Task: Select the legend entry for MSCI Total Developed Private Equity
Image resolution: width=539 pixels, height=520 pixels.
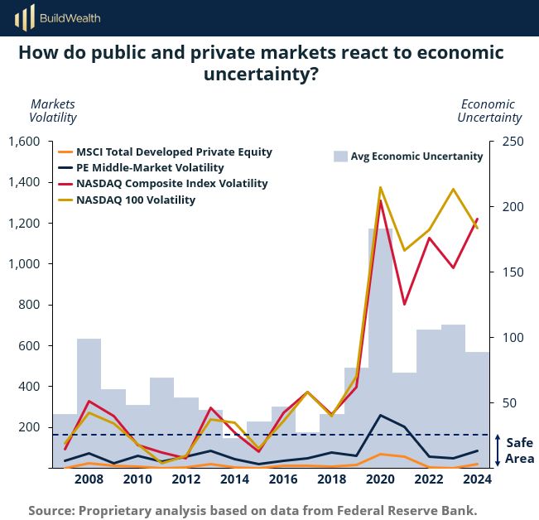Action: (x=174, y=152)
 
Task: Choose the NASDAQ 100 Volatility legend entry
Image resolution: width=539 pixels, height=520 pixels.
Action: (x=136, y=200)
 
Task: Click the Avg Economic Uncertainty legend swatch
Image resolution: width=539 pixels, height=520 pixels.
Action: (x=339, y=156)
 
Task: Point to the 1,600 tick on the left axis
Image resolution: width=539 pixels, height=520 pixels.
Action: (x=24, y=142)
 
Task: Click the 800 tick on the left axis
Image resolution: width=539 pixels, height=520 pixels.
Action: (x=31, y=305)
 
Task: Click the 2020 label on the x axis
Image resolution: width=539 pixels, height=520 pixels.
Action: (x=380, y=479)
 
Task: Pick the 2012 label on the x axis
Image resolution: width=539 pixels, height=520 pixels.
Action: (x=185, y=479)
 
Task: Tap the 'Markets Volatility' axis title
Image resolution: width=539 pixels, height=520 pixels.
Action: (x=53, y=111)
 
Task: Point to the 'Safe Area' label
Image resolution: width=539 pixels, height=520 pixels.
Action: (x=520, y=450)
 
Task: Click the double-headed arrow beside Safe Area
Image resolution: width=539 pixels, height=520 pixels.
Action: (x=497, y=450)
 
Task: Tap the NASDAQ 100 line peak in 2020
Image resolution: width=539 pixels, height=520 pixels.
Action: (x=380, y=188)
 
